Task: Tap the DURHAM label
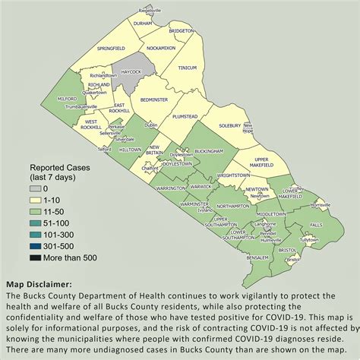coord(144,24)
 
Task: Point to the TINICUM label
coord(187,68)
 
